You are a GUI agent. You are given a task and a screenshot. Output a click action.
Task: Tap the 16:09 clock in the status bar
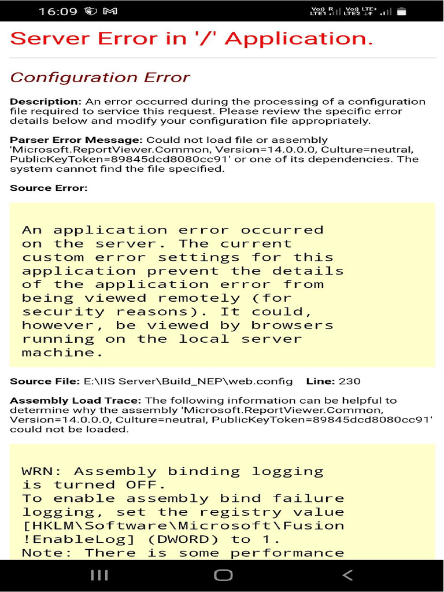click(57, 11)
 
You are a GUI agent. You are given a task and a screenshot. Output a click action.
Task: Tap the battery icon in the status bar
click(402, 11)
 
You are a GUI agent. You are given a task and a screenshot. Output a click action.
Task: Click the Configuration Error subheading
click(99, 77)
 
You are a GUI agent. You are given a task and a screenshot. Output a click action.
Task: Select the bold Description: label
click(45, 102)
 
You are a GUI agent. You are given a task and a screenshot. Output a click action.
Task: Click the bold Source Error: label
click(49, 188)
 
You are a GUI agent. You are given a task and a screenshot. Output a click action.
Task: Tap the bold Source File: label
click(45, 381)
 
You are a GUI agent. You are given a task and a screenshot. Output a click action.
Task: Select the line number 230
click(350, 381)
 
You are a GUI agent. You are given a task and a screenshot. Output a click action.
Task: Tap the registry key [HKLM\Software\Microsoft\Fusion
click(183, 526)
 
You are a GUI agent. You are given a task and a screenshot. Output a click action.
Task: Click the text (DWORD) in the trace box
click(184, 539)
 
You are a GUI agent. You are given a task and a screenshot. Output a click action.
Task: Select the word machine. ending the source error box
click(58, 352)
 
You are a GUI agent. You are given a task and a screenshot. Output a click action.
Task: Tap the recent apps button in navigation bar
click(99, 575)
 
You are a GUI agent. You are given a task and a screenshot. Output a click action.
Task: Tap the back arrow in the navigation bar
click(347, 575)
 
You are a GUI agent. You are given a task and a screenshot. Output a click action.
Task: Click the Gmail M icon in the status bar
click(110, 11)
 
